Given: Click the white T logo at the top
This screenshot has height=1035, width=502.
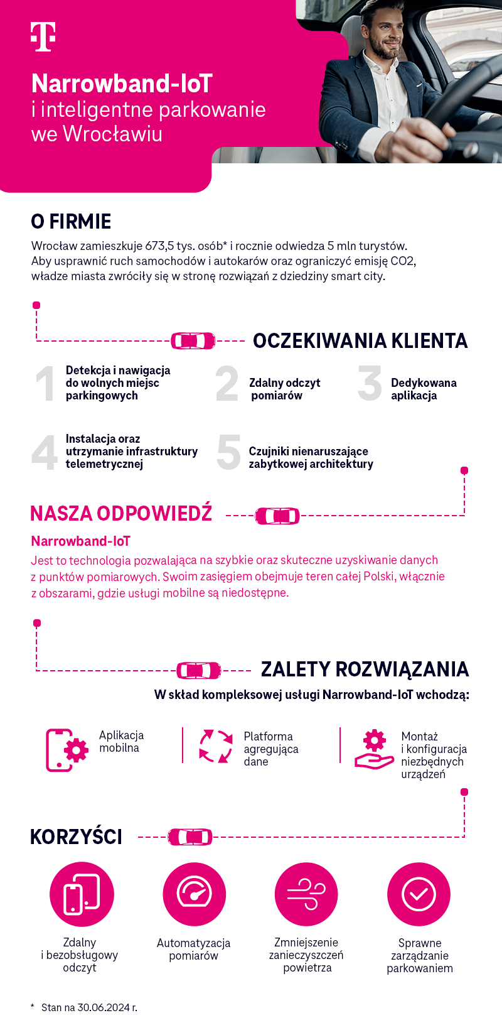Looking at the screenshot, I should tap(43, 36).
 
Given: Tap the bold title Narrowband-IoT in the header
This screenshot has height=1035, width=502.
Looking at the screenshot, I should tap(122, 84).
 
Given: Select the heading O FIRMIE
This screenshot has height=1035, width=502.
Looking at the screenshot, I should tap(71, 222).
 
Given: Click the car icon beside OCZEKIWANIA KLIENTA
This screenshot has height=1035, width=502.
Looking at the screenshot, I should tap(193, 341).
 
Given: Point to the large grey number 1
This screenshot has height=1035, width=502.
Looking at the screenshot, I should tap(45, 384).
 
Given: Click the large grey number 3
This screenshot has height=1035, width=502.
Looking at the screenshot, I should tap(370, 383).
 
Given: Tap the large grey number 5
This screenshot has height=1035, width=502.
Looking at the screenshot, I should tap(228, 452).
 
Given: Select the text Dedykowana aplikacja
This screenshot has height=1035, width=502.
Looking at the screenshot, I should tap(424, 389).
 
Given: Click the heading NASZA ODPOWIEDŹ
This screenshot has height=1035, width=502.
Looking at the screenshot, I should tap(121, 514).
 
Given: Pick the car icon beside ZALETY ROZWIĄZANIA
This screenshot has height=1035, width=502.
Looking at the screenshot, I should tap(198, 671).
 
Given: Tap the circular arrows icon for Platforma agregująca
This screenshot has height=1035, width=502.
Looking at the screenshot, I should tap(216, 746).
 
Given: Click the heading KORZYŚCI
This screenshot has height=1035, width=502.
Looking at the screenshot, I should tap(76, 837).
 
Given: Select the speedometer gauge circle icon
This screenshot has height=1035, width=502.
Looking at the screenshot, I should tap(194, 894).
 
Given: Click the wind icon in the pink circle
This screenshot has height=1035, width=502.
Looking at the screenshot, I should tap(306, 894).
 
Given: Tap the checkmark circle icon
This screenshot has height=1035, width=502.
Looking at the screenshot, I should tap(419, 894).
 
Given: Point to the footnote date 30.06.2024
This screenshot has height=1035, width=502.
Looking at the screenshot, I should tap(104, 1007).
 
